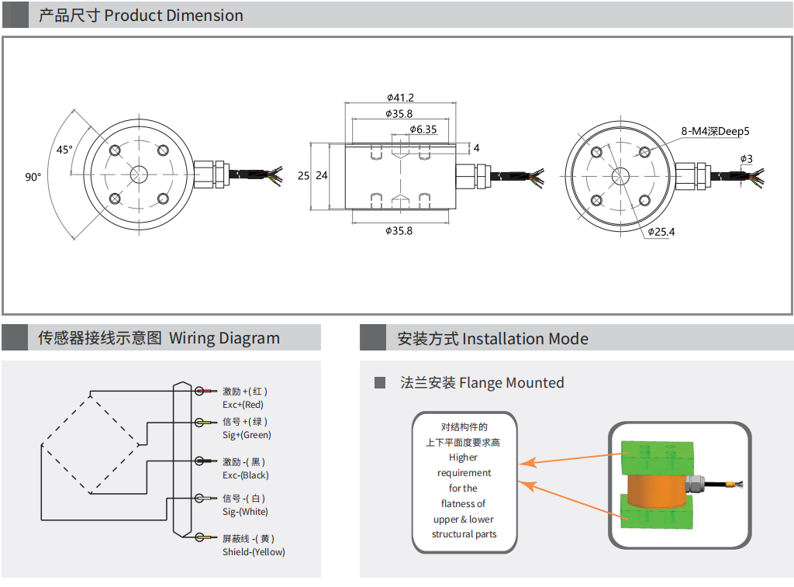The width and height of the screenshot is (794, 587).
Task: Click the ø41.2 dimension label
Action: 400,98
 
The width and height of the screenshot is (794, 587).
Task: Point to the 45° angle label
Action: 64,149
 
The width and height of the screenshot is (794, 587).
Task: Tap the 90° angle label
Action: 33,178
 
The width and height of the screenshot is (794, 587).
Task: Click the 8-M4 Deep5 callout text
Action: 715,131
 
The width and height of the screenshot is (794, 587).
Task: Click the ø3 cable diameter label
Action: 746,159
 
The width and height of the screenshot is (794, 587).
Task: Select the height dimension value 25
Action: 303,176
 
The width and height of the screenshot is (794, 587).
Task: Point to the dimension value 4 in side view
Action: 476,147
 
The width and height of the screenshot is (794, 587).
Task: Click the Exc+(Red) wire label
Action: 243,405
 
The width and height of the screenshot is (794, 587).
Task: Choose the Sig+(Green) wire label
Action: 247,435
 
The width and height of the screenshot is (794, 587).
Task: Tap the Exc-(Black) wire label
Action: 245,475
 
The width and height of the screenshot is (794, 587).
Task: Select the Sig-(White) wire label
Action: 245,512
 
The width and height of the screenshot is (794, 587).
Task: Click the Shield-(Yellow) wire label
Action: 254,552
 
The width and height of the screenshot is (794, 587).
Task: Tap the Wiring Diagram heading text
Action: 224,338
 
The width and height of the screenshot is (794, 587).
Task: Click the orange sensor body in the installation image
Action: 651,489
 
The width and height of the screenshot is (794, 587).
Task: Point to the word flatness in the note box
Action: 464,504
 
